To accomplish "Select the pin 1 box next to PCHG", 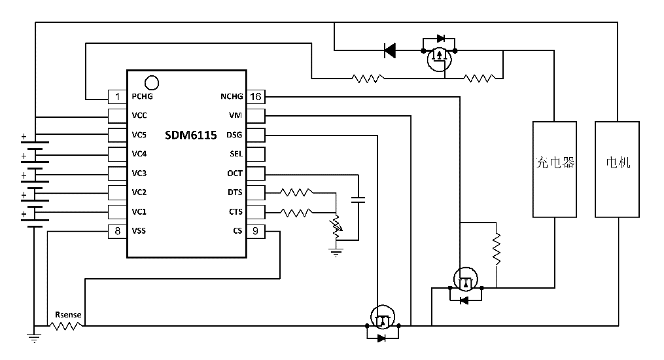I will point(118,97).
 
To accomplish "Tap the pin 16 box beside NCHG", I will point(256,97).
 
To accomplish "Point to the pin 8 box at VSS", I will point(118,230).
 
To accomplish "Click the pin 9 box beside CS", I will point(256,230).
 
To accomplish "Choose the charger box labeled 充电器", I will point(554,169).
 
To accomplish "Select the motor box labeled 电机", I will point(618,169).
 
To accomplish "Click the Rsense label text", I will point(68,315).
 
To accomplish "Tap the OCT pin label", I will point(234,173).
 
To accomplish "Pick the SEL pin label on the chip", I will point(236,154).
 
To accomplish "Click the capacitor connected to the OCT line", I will point(358,200).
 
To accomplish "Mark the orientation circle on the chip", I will point(151,82).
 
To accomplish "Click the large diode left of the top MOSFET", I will point(390,50).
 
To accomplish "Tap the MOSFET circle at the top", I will point(439,59).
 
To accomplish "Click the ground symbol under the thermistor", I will point(336,252).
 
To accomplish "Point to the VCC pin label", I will point(139,116).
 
